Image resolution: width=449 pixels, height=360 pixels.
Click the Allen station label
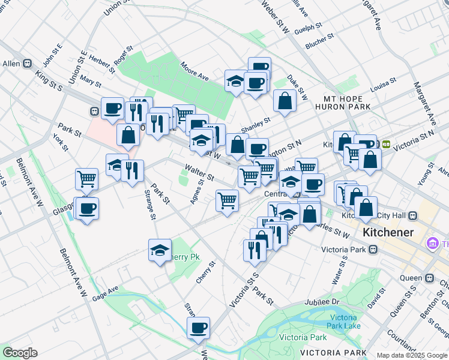[x=11, y=64]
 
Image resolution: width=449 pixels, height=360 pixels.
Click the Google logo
[x=19, y=353]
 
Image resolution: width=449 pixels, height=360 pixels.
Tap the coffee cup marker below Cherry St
[x=199, y=328]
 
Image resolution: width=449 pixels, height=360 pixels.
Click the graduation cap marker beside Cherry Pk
[x=160, y=250]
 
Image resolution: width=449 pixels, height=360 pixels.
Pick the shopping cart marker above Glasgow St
[x=87, y=178]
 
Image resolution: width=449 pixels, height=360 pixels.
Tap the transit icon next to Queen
[x=430, y=278]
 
